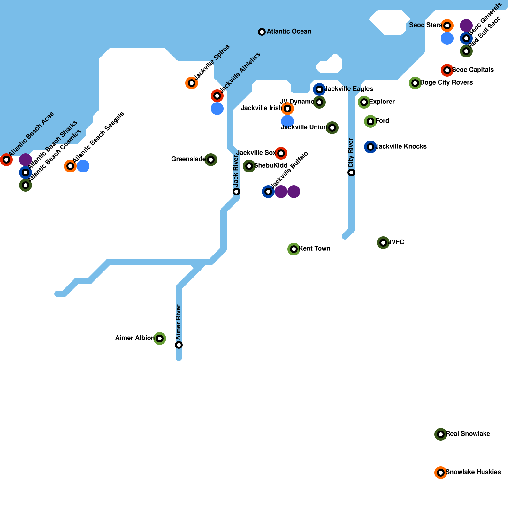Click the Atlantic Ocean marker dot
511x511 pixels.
click(262, 32)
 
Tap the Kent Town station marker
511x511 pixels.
click(294, 249)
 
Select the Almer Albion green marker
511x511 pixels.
click(160, 339)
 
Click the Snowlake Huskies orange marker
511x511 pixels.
click(441, 473)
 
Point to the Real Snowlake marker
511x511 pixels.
click(441, 434)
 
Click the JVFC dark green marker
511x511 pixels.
click(383, 243)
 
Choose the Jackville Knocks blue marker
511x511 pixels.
click(370, 147)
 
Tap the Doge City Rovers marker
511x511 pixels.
click(415, 83)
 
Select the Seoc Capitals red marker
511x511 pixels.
click(447, 70)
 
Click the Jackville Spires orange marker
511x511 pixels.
click(192, 83)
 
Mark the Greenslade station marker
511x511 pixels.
click(211, 160)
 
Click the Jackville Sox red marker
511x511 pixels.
click(281, 153)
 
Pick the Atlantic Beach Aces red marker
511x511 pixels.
click(6, 160)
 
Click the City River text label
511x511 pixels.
click(351, 153)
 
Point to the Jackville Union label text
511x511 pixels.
click(304, 127)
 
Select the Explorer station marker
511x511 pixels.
click(364, 102)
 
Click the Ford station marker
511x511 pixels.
click(370, 121)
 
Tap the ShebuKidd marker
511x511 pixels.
click(249, 166)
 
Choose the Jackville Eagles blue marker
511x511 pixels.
click(319, 89)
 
